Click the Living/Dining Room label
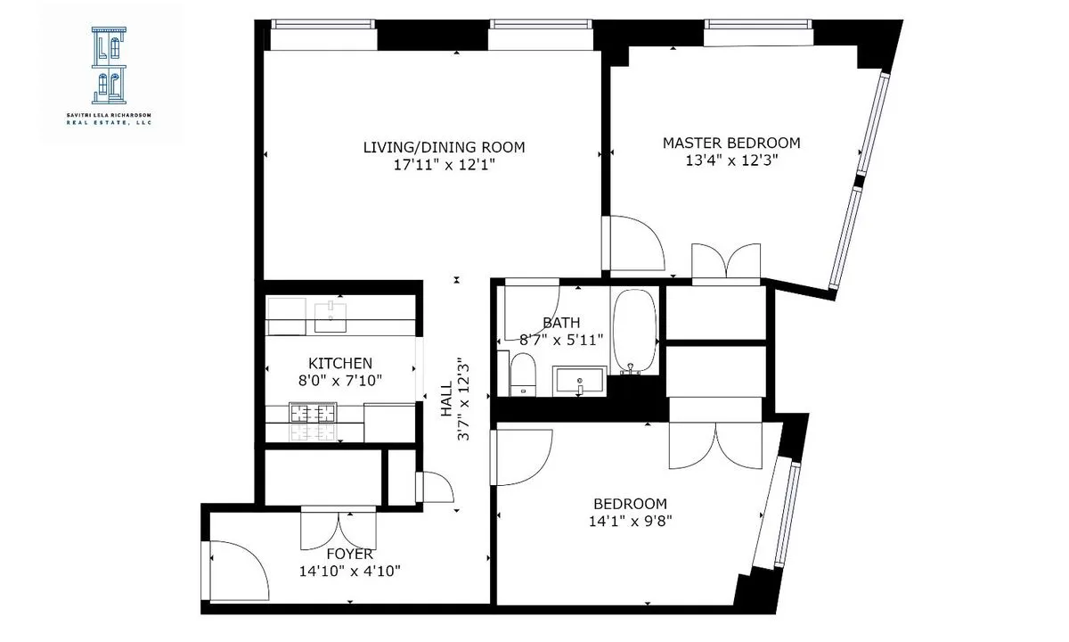[444, 147]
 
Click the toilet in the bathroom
[522, 372]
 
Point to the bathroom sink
[579, 381]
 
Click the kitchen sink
[330, 315]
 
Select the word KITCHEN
[339, 363]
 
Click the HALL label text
[445, 399]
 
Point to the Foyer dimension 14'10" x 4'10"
[349, 572]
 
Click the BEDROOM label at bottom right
[630, 504]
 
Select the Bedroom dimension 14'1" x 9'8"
[630, 522]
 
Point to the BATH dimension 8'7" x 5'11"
[562, 340]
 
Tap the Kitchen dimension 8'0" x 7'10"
[339, 381]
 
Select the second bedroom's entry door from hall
[524, 457]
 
